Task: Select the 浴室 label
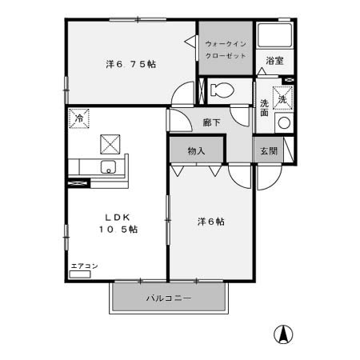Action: (x=275, y=60)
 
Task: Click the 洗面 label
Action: (x=265, y=107)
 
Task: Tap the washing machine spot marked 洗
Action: (x=282, y=99)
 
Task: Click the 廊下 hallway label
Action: (x=211, y=123)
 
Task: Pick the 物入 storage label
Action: (x=197, y=150)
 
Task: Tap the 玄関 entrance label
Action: (x=266, y=150)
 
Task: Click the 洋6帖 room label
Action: (x=210, y=222)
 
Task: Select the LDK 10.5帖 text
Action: (x=117, y=222)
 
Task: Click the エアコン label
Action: (x=84, y=266)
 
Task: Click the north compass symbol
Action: (x=282, y=334)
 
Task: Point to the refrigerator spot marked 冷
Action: (x=79, y=118)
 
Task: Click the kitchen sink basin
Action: (x=108, y=167)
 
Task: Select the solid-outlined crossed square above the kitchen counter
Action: (x=110, y=144)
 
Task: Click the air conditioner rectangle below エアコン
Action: (x=81, y=274)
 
